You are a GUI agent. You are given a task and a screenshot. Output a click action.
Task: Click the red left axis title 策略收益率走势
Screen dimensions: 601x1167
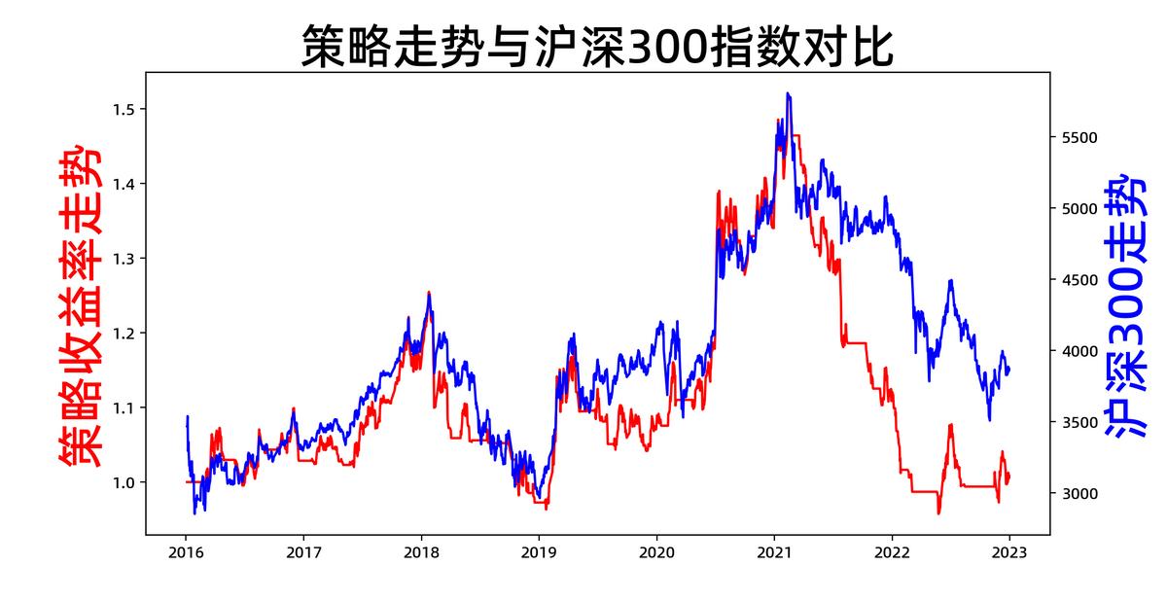(77, 303)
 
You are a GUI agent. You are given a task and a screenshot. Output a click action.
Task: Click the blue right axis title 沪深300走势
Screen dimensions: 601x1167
(1128, 303)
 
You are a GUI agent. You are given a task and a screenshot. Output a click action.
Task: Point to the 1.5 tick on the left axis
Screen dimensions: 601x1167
(124, 109)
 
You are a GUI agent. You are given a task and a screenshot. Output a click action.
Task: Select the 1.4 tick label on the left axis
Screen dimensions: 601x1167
(124, 184)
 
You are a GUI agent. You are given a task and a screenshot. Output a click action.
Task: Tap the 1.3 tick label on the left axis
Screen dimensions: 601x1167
(124, 259)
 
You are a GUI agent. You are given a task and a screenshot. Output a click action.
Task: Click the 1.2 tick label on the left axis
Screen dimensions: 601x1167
(124, 334)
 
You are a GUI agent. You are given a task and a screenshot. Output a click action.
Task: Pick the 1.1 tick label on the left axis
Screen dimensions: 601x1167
(124, 407)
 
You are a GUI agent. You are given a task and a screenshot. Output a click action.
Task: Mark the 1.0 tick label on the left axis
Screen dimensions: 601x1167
(124, 482)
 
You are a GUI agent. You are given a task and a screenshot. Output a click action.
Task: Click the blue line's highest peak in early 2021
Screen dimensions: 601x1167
(787, 93)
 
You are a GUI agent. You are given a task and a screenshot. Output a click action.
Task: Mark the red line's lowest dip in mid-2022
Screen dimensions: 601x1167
(938, 513)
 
